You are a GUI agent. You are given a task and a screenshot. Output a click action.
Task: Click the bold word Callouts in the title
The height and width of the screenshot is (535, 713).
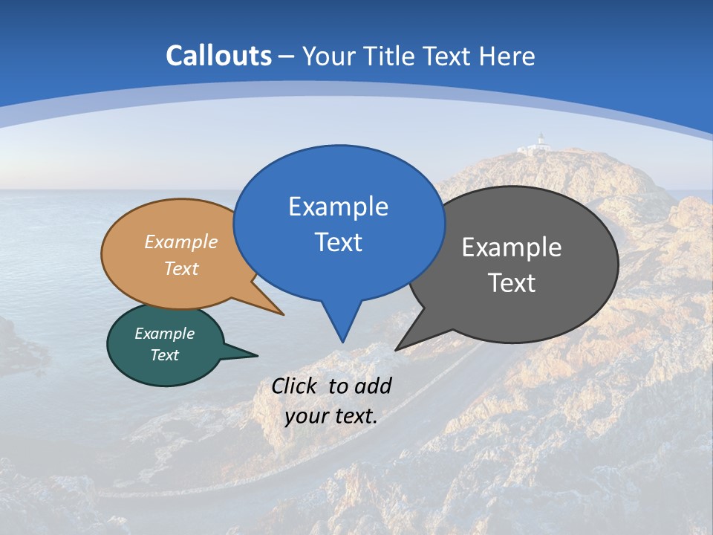[x=218, y=56]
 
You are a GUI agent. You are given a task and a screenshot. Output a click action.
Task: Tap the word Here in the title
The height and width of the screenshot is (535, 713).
[x=507, y=56]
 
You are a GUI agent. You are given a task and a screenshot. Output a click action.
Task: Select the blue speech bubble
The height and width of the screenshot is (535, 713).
[x=339, y=223]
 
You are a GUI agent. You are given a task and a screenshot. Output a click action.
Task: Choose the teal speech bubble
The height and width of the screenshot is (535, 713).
[x=164, y=345]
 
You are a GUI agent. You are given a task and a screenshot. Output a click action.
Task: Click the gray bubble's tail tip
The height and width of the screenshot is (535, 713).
[x=397, y=349]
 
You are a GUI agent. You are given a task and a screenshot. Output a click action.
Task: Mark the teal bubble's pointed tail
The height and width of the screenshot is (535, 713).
[x=256, y=355]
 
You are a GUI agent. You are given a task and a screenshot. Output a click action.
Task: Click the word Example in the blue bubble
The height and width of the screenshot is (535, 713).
[x=338, y=206]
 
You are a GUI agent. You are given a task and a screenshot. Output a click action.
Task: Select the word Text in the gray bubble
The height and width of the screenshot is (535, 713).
[x=512, y=282]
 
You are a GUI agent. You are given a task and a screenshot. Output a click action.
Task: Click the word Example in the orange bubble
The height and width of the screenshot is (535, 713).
[x=181, y=241]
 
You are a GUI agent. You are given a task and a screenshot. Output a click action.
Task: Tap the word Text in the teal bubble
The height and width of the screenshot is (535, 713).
[x=165, y=355]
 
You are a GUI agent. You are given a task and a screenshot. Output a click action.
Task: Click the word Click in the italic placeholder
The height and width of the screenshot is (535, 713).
[x=296, y=386]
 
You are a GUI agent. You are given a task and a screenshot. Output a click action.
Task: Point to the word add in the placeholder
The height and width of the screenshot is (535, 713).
[x=372, y=386]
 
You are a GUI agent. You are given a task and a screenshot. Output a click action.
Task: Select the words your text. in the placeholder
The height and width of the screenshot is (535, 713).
[x=331, y=416]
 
